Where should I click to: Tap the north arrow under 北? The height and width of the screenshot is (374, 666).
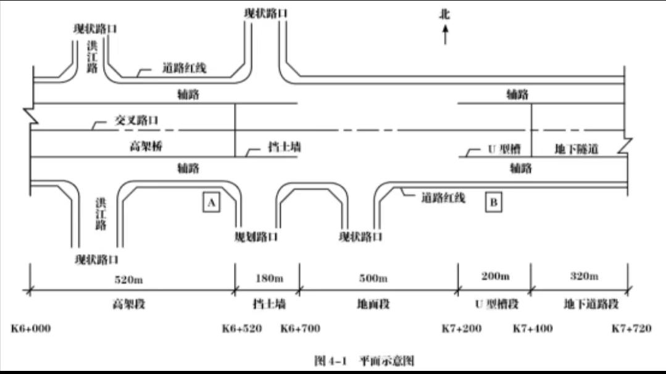444,35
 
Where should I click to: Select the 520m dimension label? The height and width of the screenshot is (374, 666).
129,279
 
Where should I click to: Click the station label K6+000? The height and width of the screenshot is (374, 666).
31,328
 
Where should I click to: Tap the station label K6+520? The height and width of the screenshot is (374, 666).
242,328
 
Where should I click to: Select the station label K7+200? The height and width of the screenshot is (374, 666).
462,328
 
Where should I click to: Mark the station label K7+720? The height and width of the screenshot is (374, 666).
631,328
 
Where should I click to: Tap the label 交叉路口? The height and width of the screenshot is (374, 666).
136,121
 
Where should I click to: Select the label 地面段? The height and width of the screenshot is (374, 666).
374,304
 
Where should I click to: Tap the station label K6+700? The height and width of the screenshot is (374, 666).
301,328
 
